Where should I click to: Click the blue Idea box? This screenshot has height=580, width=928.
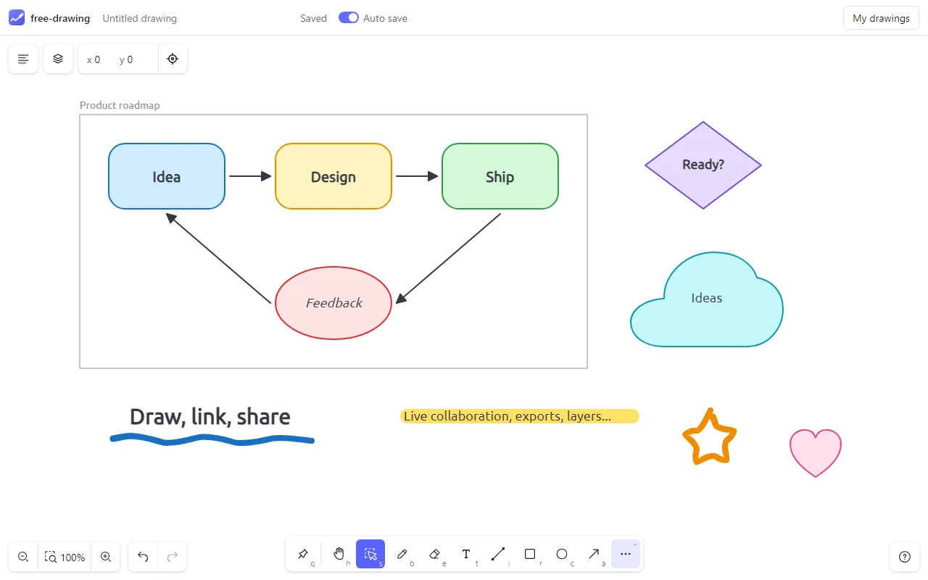[x=167, y=176]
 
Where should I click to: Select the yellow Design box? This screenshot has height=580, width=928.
[x=333, y=176]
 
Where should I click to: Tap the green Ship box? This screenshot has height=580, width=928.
[x=500, y=176]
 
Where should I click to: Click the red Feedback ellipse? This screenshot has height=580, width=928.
[x=333, y=303]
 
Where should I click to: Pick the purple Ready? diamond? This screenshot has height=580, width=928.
[x=703, y=165]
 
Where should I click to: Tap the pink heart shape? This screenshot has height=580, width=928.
[x=816, y=452]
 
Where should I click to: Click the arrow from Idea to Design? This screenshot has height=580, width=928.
[x=250, y=176]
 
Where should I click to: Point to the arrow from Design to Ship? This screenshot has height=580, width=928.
[x=417, y=176]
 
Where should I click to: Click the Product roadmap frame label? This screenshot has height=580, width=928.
[x=120, y=105]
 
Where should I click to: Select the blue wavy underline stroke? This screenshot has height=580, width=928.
[x=212, y=439]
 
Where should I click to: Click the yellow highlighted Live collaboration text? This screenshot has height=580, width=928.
[x=520, y=416]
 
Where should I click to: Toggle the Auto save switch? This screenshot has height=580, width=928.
[x=349, y=18]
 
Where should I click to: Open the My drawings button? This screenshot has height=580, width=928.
[x=881, y=18]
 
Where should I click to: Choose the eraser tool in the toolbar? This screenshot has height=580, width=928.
[x=434, y=554]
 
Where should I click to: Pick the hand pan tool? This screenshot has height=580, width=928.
[x=339, y=554]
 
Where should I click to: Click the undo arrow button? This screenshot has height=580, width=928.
[x=143, y=556]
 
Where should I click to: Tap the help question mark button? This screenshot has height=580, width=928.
[x=904, y=557]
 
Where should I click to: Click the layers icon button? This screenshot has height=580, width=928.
[x=58, y=59]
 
